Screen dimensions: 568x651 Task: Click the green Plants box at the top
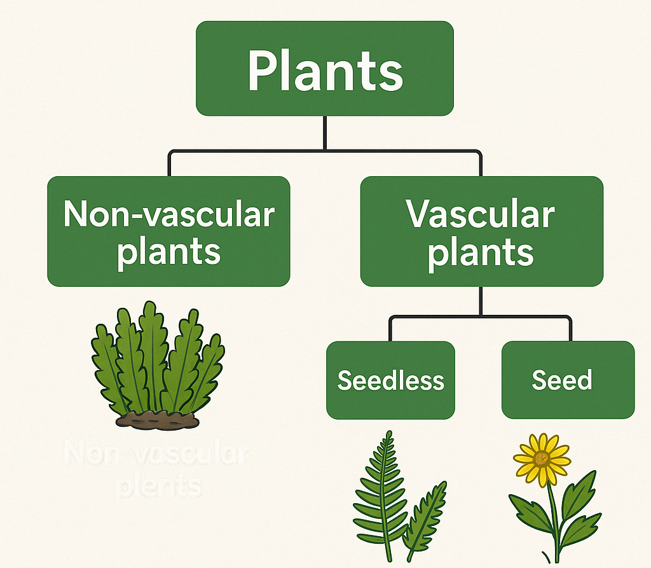324,68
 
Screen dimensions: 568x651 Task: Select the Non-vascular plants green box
168,232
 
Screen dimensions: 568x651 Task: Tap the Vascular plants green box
481,232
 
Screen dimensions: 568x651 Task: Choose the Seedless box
390,380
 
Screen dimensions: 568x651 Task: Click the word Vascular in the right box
481,215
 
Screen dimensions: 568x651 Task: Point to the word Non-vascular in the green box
169,215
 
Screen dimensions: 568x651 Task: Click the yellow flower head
542,459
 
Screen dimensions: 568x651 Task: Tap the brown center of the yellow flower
542,459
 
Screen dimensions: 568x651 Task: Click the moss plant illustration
158,363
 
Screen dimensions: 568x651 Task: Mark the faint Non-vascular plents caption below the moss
158,471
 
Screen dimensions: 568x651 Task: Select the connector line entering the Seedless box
390,329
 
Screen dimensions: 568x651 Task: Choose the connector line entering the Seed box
570,329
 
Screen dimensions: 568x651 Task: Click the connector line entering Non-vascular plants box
169,164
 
